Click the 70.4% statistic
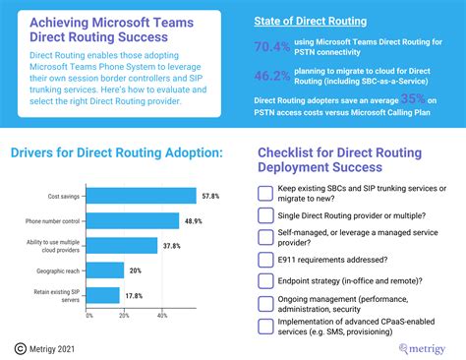[x=273, y=45]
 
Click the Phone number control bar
[x=133, y=220]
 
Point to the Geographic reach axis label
[x=61, y=270]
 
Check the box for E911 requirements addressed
[x=264, y=260]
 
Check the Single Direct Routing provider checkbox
[x=264, y=213]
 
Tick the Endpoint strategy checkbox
[x=264, y=281]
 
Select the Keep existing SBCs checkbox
[x=264, y=192]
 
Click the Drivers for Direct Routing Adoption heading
[x=116, y=152]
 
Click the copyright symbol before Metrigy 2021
[x=20, y=346]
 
